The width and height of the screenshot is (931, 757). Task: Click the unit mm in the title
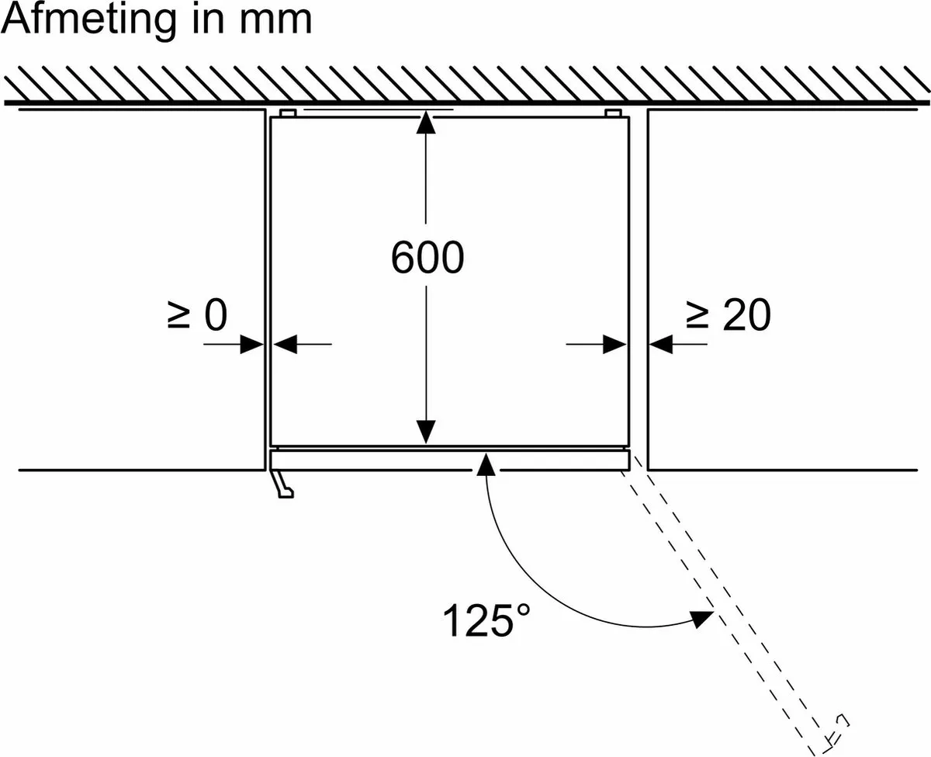pos(275,22)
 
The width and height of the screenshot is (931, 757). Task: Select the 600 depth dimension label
pos(427,258)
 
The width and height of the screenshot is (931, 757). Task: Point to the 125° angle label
pos(486,620)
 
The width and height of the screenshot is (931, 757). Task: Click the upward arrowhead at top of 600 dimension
pos(426,122)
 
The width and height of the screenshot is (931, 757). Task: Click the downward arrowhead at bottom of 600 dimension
pos(426,432)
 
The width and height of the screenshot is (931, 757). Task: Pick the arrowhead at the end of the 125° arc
pos(701,618)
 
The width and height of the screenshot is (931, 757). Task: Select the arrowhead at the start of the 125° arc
pos(486,464)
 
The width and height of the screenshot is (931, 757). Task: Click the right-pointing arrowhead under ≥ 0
pos(252,344)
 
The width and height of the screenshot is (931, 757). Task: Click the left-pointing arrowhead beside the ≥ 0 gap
pos(286,344)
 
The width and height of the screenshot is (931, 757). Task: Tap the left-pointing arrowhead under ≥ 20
pos(661,344)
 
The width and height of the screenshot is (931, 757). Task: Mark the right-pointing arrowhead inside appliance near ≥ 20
pos(614,344)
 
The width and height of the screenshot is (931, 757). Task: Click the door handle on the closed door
pos(282,484)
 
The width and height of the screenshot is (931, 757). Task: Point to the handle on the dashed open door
pos(837,735)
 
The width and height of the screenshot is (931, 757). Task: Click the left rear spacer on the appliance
pos(288,113)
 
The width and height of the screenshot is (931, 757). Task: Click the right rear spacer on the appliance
pos(613,113)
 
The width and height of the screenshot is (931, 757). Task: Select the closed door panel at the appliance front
pos(450,460)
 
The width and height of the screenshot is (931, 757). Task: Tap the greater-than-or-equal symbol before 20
pos(697,314)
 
